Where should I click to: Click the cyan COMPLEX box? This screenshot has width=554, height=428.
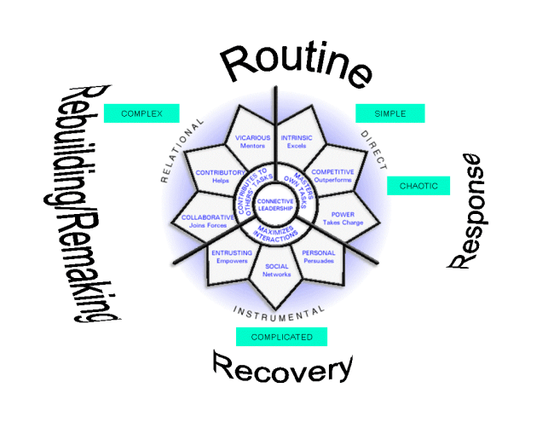point(141,113)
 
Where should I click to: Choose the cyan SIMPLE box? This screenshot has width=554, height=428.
point(390,113)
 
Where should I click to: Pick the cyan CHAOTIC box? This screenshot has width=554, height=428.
point(418,186)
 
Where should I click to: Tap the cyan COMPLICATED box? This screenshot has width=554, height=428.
point(281,337)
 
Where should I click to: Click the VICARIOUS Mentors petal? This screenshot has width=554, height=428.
point(252,141)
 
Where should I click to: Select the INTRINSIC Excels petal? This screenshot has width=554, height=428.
point(297,141)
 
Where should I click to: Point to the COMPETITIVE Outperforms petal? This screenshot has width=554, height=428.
point(332,175)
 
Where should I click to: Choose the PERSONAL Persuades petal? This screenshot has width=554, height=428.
point(319,257)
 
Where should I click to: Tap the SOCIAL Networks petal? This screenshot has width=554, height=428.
point(276,270)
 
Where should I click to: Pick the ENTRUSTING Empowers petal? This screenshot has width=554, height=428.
point(232,257)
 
